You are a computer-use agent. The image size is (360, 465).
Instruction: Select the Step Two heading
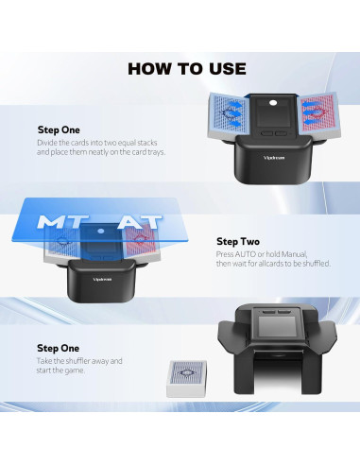[x=238, y=242]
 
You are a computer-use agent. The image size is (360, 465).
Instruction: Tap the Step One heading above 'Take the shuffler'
[x=60, y=349]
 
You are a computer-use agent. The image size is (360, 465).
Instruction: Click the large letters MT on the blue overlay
[x=64, y=224]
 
